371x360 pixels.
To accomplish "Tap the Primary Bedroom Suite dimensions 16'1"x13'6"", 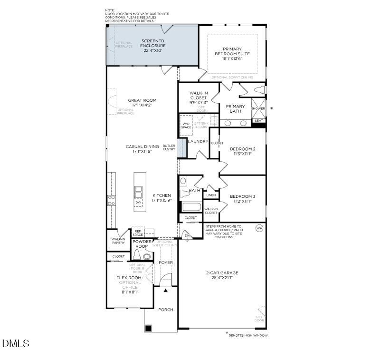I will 232,59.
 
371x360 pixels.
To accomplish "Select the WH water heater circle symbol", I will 259,228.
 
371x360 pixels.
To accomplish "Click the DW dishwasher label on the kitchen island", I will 139,203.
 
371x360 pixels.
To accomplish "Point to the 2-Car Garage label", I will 222,273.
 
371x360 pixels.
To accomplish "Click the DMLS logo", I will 16,343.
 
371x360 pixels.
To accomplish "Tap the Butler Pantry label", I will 169,148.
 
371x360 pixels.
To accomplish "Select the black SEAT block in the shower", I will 258,121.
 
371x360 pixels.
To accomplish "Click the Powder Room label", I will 142,244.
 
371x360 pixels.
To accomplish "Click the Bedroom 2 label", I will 243,149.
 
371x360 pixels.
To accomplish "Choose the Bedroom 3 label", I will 242,196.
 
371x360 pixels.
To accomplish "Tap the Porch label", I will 166,310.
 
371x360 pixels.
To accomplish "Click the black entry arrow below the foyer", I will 165,290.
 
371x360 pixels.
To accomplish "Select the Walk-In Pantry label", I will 118,241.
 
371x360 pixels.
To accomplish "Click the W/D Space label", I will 186,126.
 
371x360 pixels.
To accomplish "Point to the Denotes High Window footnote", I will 247,335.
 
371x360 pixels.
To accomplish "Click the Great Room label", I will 142,100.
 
